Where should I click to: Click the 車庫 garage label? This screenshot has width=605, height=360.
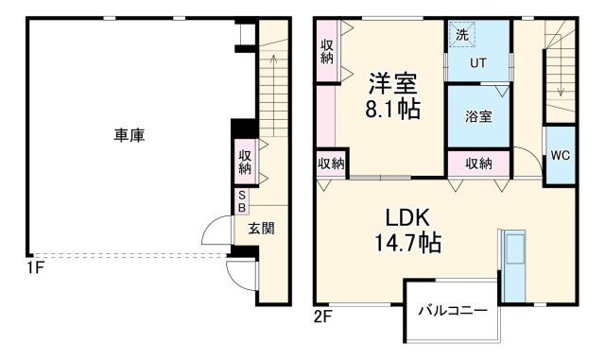[130, 136]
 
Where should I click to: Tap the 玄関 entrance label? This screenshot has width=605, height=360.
[262, 228]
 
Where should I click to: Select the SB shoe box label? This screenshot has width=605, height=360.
[242, 201]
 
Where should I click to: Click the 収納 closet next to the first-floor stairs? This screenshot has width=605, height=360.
[245, 162]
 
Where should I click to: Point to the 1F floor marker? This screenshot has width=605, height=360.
[36, 267]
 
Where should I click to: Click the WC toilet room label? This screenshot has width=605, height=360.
[559, 155]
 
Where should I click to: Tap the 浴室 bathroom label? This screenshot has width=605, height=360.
[477, 117]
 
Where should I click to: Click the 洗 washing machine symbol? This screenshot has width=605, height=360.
[462, 35]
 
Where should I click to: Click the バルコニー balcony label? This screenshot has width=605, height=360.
[453, 310]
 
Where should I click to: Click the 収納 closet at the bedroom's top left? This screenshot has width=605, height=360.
[327, 51]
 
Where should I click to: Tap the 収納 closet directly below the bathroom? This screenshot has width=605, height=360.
[478, 163]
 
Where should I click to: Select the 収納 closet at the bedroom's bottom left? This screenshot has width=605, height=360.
[331, 163]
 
